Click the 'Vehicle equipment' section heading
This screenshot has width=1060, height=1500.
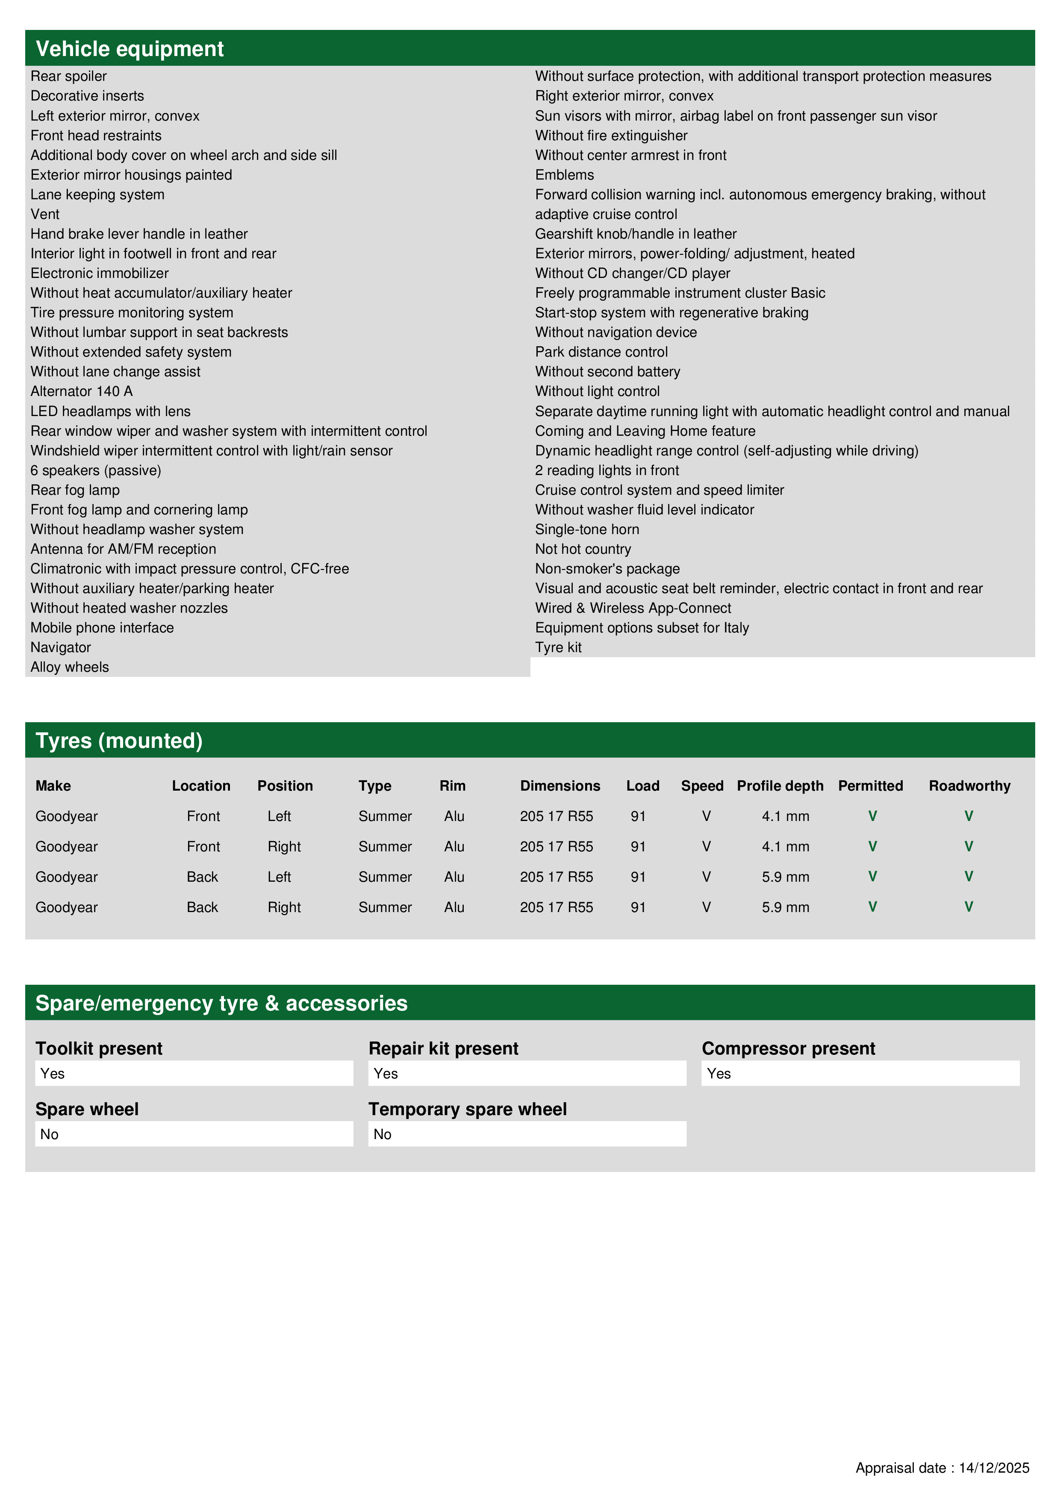pyautogui.click(x=130, y=49)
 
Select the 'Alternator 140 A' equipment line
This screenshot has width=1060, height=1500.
pyautogui.click(x=82, y=391)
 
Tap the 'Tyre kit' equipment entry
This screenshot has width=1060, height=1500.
pyautogui.click(x=558, y=647)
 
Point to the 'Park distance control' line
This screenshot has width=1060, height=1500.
pyautogui.click(x=601, y=352)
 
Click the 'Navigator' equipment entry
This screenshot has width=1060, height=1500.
pyautogui.click(x=61, y=647)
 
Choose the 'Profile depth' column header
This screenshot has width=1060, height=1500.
pyautogui.click(x=780, y=786)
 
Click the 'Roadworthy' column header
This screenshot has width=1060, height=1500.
pyautogui.click(x=969, y=786)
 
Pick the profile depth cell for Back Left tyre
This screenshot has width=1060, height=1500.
pyautogui.click(x=785, y=877)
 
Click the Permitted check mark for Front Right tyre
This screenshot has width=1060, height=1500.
pyautogui.click(x=872, y=847)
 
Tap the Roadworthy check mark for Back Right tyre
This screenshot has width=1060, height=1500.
pyautogui.click(x=969, y=907)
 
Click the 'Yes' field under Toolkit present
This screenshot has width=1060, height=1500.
pyautogui.click(x=194, y=1073)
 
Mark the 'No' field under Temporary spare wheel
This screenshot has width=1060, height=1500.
pyautogui.click(x=527, y=1134)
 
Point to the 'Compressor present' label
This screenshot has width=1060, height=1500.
pyautogui.click(x=788, y=1048)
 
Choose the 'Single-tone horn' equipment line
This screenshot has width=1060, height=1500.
pyautogui.click(x=587, y=529)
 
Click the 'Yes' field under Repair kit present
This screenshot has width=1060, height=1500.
pyautogui.click(x=527, y=1073)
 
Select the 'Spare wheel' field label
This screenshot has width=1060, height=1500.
pyautogui.click(x=87, y=1109)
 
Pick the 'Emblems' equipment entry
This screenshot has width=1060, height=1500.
pyautogui.click(x=564, y=175)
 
